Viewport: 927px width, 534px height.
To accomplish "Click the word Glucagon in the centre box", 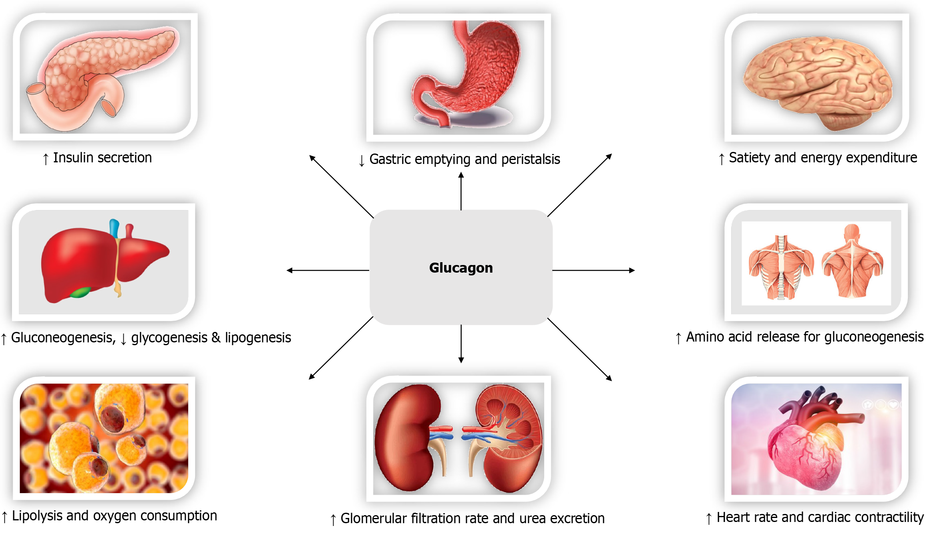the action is pos(461,268).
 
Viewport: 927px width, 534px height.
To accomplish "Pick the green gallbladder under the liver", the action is pos(80,292).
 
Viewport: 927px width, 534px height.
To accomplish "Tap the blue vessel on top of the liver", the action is pos(115,228).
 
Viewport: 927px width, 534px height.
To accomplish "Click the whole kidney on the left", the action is pos(408,437).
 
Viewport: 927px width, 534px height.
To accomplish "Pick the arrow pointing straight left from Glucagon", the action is pos(328,271).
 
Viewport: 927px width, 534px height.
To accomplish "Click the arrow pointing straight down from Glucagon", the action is pos(461,344).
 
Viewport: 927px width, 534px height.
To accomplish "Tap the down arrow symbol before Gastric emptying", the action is pos(362,161).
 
